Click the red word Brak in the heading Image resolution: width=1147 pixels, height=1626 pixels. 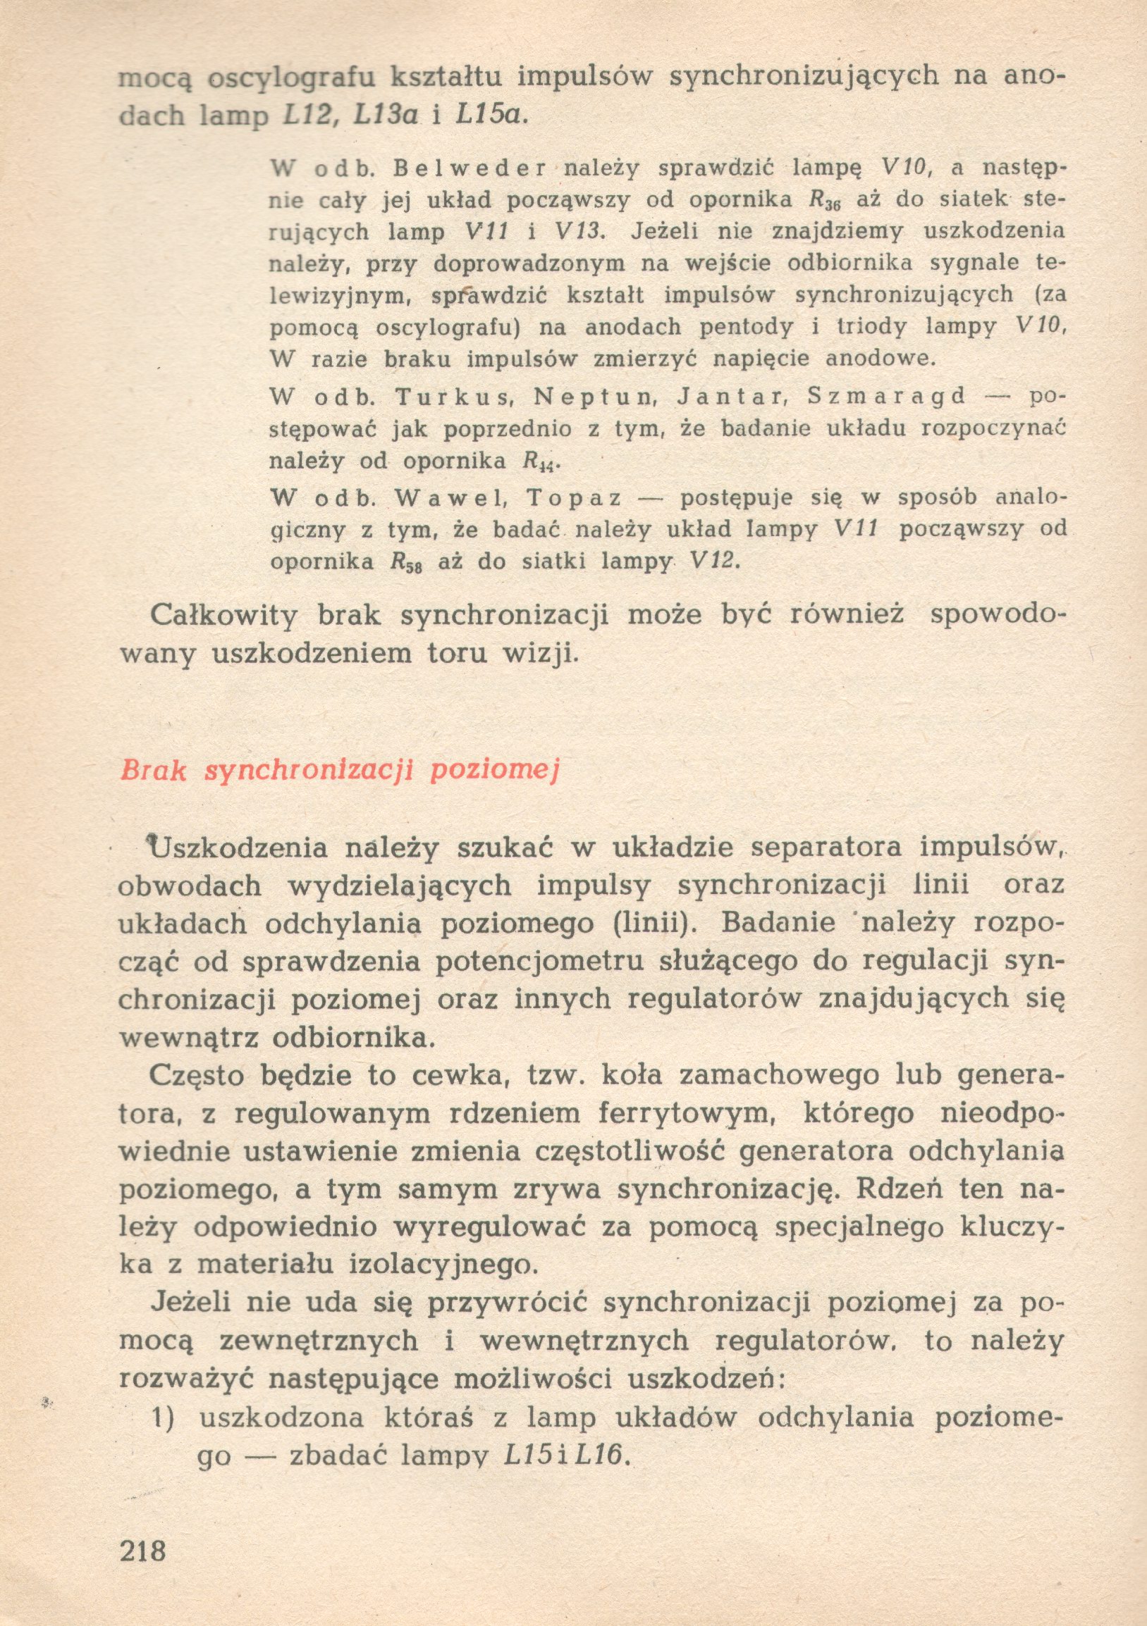pos(153,770)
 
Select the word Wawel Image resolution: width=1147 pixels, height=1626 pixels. pos(448,498)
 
